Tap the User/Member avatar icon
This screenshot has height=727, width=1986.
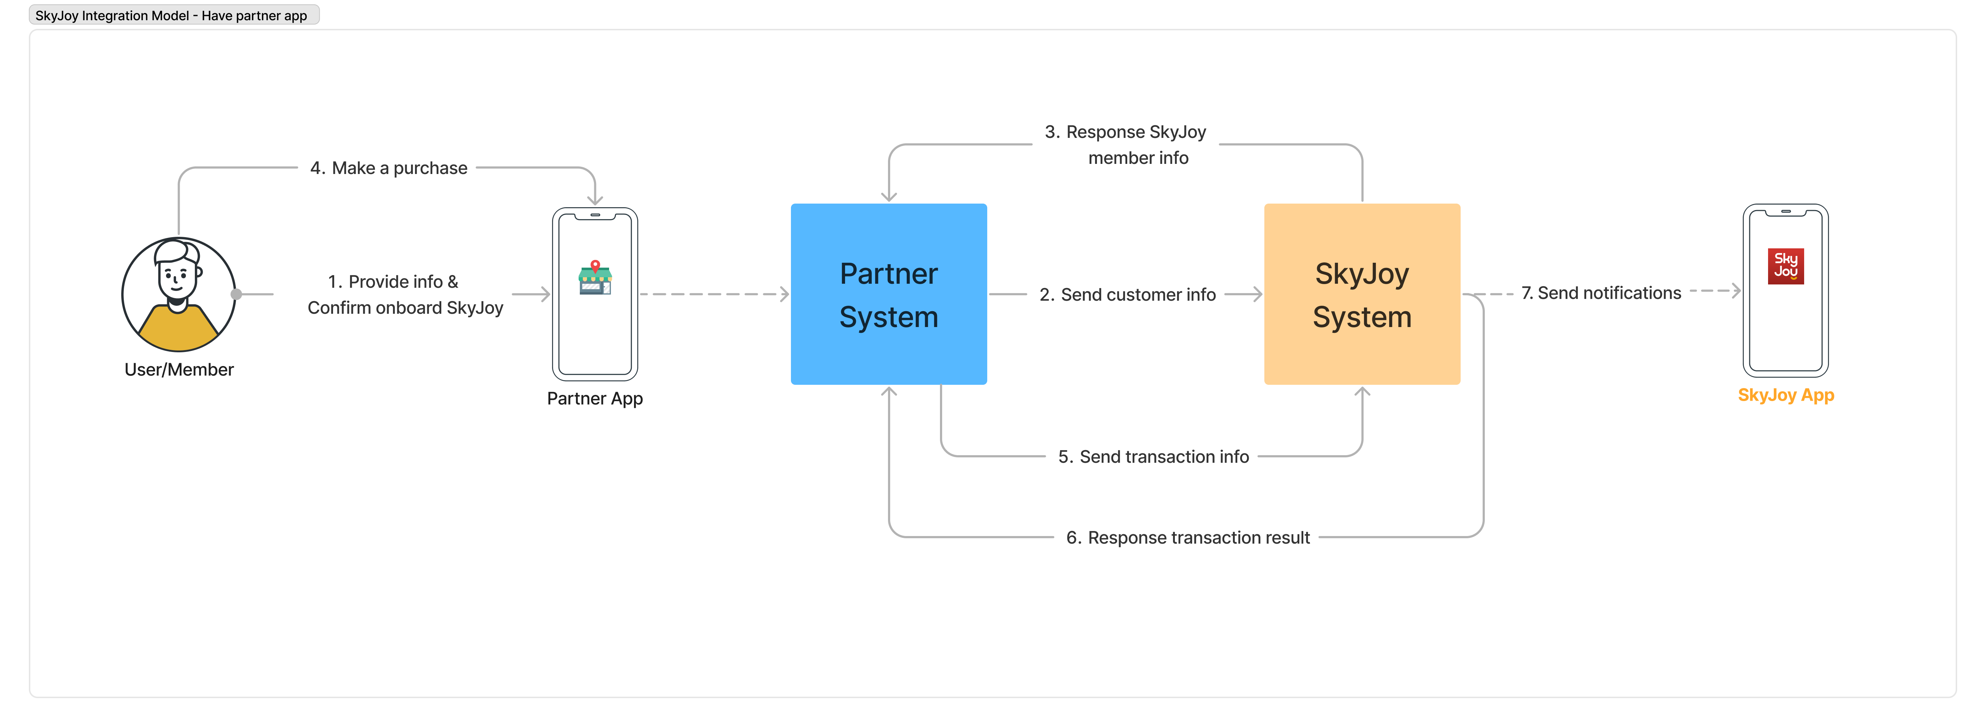click(x=178, y=294)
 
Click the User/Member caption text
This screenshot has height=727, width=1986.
click(x=179, y=370)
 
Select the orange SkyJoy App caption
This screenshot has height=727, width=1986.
click(x=1785, y=396)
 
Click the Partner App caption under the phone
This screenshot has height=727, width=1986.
click(x=594, y=399)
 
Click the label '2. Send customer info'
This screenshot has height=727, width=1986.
click(x=1127, y=295)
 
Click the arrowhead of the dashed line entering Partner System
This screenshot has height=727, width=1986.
click(x=785, y=294)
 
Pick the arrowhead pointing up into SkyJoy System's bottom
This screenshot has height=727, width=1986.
click(x=1362, y=392)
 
